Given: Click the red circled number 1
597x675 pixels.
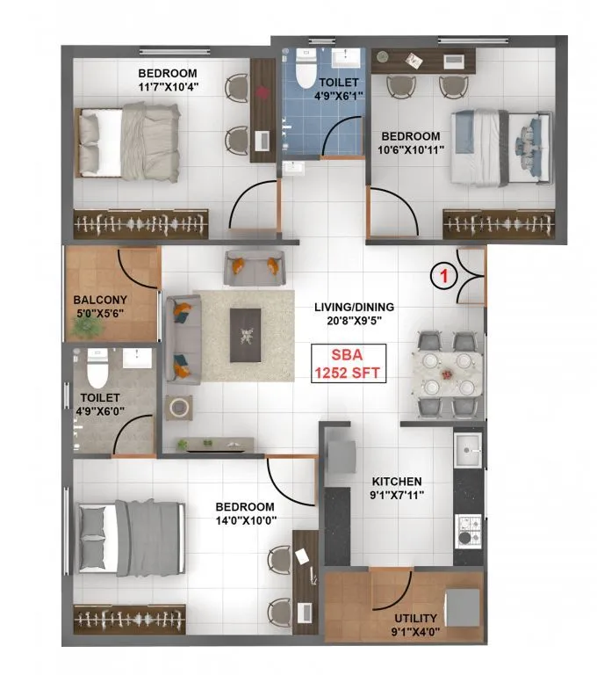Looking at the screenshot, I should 444,275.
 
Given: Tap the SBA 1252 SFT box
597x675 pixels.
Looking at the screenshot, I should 350,363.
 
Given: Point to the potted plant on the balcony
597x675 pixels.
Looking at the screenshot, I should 86,326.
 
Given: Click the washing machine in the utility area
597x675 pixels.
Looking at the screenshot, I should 462,606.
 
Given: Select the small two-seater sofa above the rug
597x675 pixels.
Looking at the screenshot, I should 254,267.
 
